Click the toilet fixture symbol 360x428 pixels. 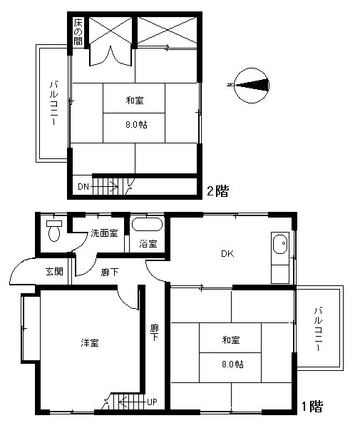(54, 231)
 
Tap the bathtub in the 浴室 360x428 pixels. (147, 225)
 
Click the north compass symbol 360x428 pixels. (251, 86)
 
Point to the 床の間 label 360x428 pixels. (78, 31)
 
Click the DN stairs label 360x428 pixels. (83, 187)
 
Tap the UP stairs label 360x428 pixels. (152, 402)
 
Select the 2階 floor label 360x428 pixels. (217, 190)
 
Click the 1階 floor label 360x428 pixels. (312, 407)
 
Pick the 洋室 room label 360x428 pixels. (90, 342)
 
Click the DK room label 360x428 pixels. (227, 254)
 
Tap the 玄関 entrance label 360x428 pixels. (55, 271)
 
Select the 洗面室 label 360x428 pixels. (104, 233)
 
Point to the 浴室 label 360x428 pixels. (148, 243)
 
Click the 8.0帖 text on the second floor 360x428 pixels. (136, 125)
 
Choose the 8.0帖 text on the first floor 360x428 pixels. (232, 364)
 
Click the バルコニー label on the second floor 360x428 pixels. (53, 103)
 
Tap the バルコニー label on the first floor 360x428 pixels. (318, 330)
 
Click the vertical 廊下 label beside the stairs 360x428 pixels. (155, 332)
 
